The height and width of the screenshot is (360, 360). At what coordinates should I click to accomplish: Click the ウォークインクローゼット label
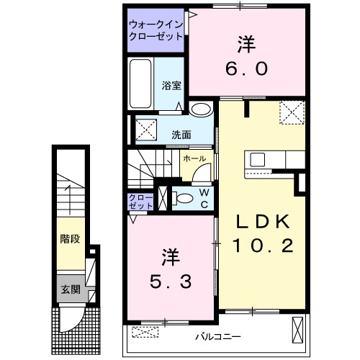[x=154, y=30]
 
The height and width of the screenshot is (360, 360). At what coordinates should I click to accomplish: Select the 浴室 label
[x=171, y=85]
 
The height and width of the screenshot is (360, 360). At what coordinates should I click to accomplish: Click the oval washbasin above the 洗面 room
[x=201, y=110]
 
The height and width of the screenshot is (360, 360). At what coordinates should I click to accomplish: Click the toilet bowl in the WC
[x=185, y=197]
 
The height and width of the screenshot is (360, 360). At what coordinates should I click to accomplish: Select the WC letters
[x=204, y=198]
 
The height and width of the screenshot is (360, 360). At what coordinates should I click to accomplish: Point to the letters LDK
[x=261, y=221]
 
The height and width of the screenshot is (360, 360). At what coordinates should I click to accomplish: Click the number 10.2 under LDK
[x=262, y=246]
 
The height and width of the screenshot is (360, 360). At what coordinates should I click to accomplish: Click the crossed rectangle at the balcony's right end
[x=297, y=330]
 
